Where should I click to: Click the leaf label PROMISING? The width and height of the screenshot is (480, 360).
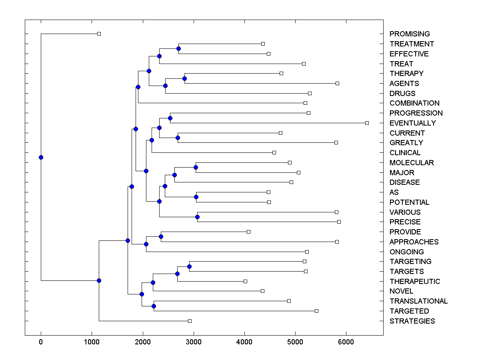tap(410, 34)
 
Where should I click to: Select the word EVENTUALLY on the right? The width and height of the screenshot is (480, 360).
tap(412, 123)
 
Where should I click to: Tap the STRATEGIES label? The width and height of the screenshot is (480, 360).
tap(412, 321)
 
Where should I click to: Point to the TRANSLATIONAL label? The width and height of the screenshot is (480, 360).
tap(418, 301)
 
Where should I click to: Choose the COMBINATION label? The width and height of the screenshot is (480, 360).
tap(414, 103)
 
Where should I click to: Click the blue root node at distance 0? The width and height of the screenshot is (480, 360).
tap(41, 157)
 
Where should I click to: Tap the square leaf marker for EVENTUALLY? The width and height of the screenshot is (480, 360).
tap(367, 123)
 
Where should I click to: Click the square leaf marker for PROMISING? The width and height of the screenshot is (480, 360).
tap(99, 34)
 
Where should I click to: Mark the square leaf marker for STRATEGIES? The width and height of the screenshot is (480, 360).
tap(190, 321)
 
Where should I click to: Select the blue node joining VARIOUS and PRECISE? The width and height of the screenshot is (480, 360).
tap(197, 217)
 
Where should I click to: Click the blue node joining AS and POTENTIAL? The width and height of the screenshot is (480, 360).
tap(196, 197)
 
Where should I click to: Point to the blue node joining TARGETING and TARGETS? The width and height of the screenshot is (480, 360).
tap(189, 266)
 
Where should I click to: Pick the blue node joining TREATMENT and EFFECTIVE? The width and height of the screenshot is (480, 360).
tap(178, 48)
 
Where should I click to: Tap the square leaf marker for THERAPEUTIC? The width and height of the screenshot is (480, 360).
tap(245, 281)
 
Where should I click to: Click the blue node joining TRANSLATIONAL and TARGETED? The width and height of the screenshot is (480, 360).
tap(154, 306)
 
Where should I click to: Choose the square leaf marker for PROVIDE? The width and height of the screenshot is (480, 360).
tap(248, 232)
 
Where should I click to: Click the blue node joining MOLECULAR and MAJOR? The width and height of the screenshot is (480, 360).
tap(196, 167)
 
